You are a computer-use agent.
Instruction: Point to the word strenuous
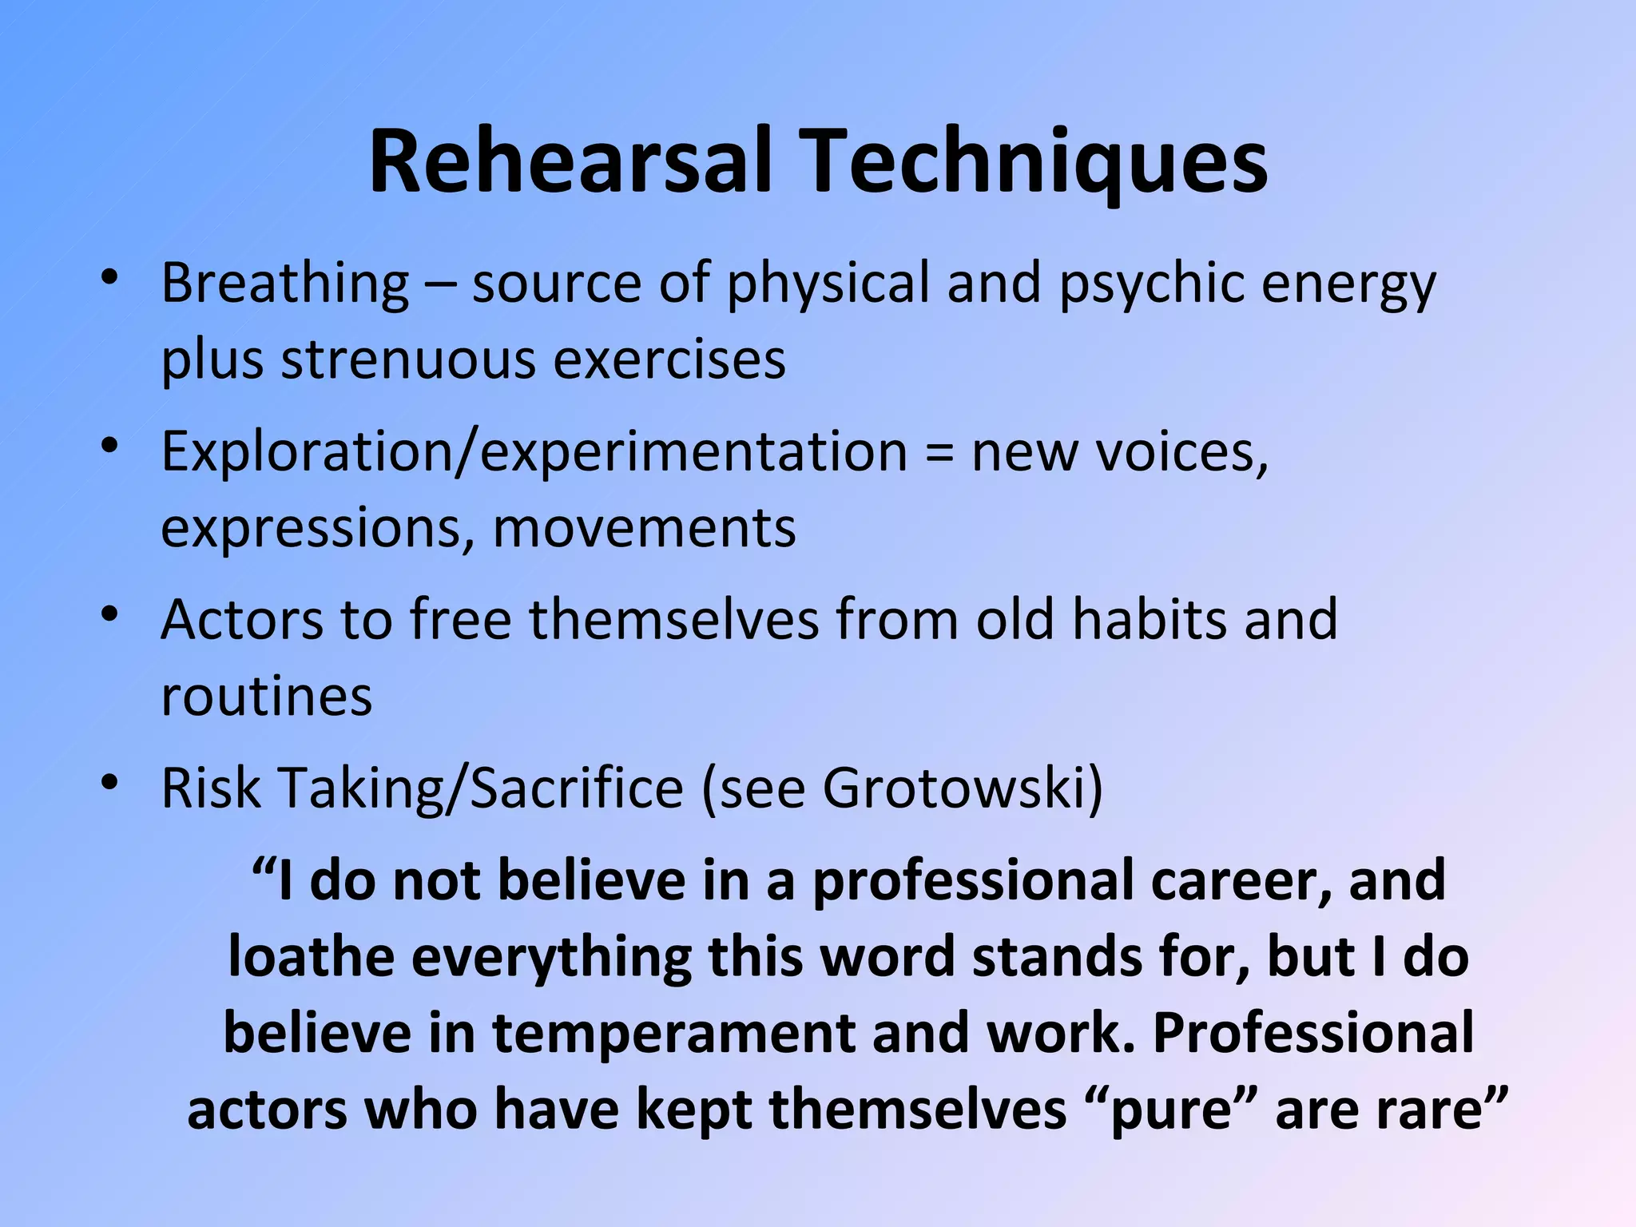click(408, 359)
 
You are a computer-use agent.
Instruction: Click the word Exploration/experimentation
click(534, 452)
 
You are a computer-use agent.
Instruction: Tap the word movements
click(645, 528)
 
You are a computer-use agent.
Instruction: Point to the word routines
click(267, 697)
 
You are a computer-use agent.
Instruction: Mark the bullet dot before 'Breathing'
click(110, 277)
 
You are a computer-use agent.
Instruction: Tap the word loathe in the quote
click(311, 957)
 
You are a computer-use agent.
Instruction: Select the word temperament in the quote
click(673, 1034)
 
